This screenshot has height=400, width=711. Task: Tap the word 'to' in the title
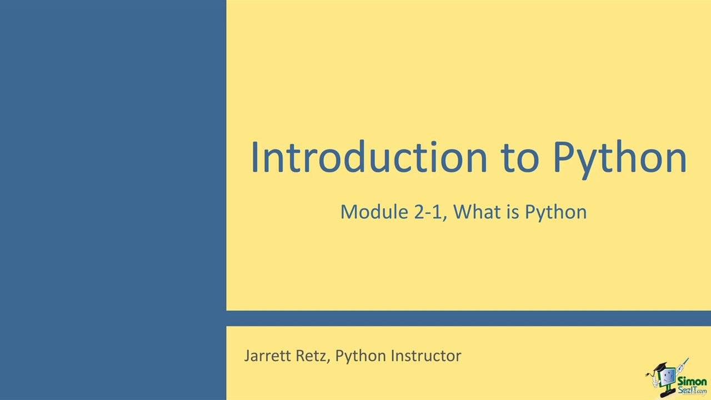click(519, 158)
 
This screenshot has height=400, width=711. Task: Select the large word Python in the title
click(620, 159)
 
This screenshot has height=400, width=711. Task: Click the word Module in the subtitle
click(374, 212)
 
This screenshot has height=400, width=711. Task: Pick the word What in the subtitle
click(477, 212)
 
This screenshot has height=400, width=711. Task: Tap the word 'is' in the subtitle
click(513, 212)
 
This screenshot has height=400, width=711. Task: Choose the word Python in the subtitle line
click(556, 213)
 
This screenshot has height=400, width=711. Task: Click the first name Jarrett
click(268, 356)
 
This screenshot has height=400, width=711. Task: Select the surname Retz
click(313, 356)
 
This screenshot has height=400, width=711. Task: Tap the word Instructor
click(426, 356)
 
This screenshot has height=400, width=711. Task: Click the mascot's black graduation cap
click(660, 367)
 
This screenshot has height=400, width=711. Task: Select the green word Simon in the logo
click(692, 381)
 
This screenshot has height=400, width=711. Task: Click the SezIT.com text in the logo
click(692, 390)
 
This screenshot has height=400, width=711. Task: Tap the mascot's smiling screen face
click(667, 377)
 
